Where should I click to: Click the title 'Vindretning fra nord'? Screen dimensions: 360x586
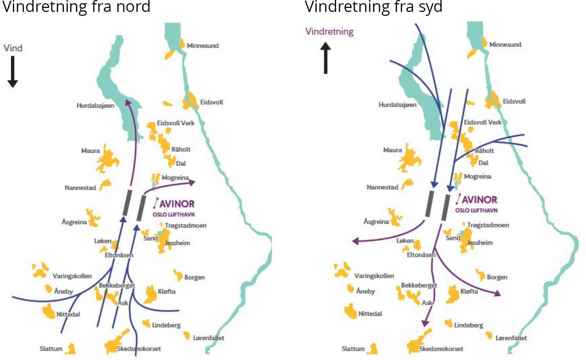coord(76,6)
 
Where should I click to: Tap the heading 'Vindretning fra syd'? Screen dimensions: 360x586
coord(373,6)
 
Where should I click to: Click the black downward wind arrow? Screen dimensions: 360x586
coord(13,72)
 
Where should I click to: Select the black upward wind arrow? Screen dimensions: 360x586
coord(326,58)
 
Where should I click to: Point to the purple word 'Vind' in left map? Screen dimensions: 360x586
coord(13,48)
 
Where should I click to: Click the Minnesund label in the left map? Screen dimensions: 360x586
coord(203,46)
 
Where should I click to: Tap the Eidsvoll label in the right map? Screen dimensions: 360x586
coord(514,102)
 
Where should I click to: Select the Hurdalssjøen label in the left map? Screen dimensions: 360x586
coord(95,105)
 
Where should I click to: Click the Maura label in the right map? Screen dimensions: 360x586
coord(392,150)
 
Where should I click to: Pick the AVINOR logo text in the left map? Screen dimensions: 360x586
coord(177,204)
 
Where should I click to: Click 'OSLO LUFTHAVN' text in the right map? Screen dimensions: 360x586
coord(476,210)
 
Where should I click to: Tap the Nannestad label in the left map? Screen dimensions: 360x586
coord(80,188)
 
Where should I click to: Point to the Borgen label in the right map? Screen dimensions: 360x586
coord(497,277)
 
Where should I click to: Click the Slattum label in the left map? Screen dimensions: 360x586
coord(51,348)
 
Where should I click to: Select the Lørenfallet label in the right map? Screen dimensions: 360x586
coord(511,338)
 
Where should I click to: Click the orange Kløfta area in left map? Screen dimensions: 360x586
coord(150,295)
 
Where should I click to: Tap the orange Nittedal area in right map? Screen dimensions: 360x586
coord(350,311)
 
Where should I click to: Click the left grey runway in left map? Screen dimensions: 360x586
coord(127,202)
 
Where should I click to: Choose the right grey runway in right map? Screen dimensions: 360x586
coord(446,207)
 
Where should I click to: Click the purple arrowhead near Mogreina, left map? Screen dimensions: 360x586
coord(192,183)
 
